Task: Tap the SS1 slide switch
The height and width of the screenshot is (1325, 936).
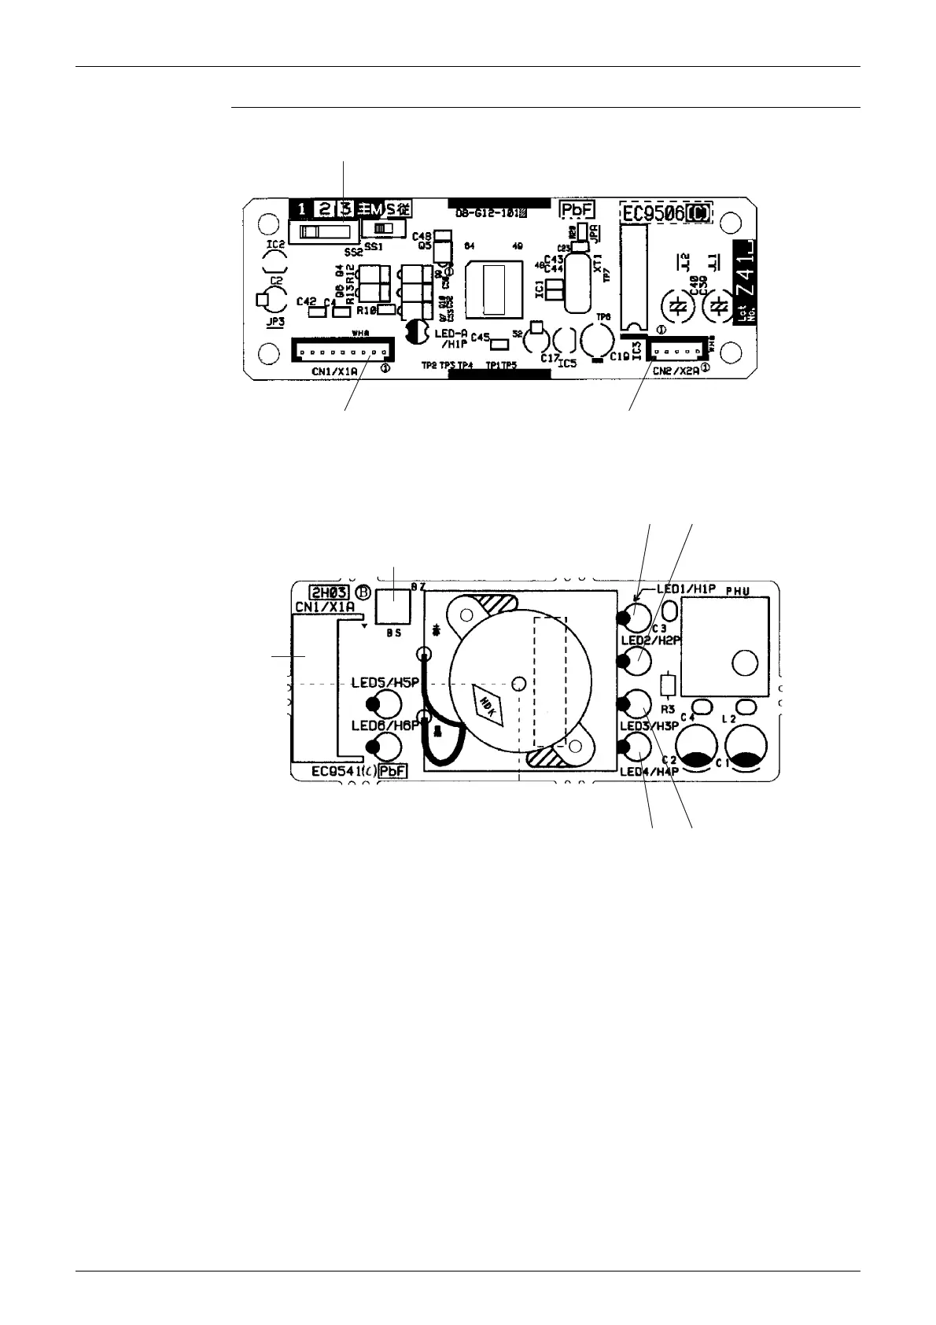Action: [x=384, y=228]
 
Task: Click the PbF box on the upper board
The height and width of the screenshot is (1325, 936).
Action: [x=577, y=210]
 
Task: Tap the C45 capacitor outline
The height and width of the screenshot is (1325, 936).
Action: [x=497, y=344]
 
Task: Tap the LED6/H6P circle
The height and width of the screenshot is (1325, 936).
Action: [x=388, y=743]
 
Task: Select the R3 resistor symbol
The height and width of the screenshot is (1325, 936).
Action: [x=668, y=685]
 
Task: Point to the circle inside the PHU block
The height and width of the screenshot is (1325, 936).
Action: [x=743, y=663]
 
